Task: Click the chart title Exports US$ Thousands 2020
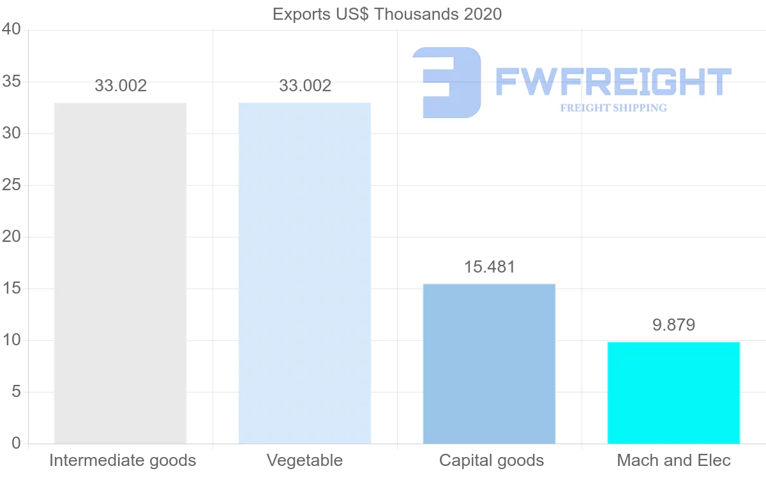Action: [387, 14]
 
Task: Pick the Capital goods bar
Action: [489, 364]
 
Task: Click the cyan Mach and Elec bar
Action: [673, 393]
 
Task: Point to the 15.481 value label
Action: [489, 267]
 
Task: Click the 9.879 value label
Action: [673, 325]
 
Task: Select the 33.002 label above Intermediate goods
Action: [121, 86]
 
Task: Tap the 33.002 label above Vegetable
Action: [305, 86]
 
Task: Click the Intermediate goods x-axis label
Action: [123, 460]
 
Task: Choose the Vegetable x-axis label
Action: [304, 460]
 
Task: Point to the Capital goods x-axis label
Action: [492, 460]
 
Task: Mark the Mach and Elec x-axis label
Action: [673, 460]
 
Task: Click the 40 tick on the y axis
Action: [12, 30]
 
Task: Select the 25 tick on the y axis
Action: [12, 185]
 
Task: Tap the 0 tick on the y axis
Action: [16, 444]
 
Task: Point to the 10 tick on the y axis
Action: [12, 340]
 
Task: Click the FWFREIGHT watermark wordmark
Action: [613, 82]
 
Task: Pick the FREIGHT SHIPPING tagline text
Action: [613, 108]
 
